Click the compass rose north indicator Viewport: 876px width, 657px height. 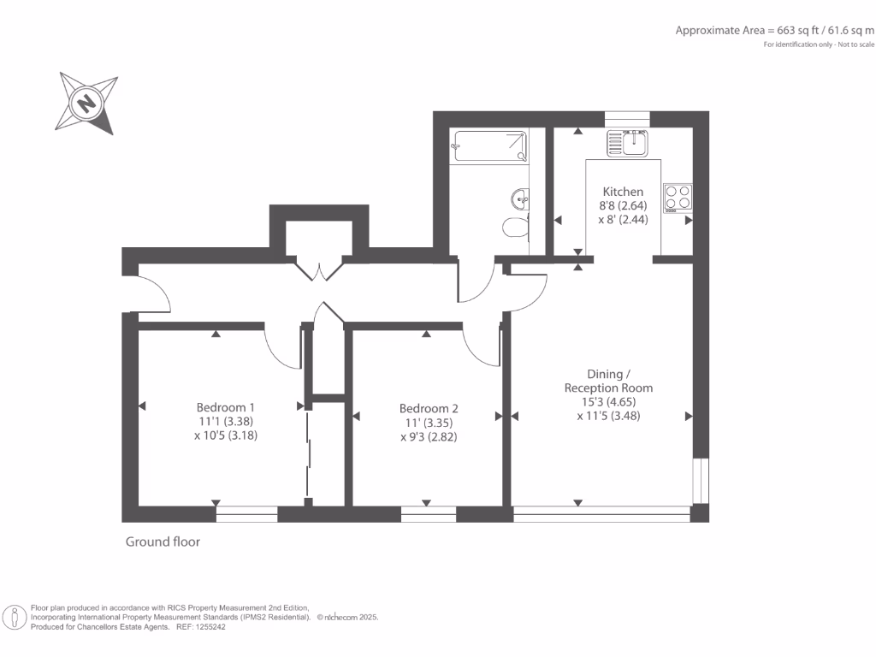tap(86, 104)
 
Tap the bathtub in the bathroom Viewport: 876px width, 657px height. tap(488, 145)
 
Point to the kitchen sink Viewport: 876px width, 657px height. tap(628, 144)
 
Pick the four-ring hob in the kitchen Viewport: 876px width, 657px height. tap(678, 198)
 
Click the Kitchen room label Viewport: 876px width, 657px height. tap(623, 191)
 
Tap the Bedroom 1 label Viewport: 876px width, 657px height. tap(225, 407)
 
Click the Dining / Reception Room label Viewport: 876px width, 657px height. tap(609, 381)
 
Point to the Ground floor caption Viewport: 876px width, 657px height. tap(163, 542)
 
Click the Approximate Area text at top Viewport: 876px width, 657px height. tap(775, 30)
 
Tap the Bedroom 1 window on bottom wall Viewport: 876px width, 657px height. tap(246, 514)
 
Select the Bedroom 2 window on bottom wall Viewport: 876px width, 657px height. tap(429, 514)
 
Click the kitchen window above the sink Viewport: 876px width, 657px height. tap(627, 118)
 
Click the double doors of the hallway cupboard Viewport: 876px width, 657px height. tap(319, 270)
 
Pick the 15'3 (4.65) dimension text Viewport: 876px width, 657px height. tap(608, 402)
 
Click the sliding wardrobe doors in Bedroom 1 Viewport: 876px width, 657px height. tap(307, 453)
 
